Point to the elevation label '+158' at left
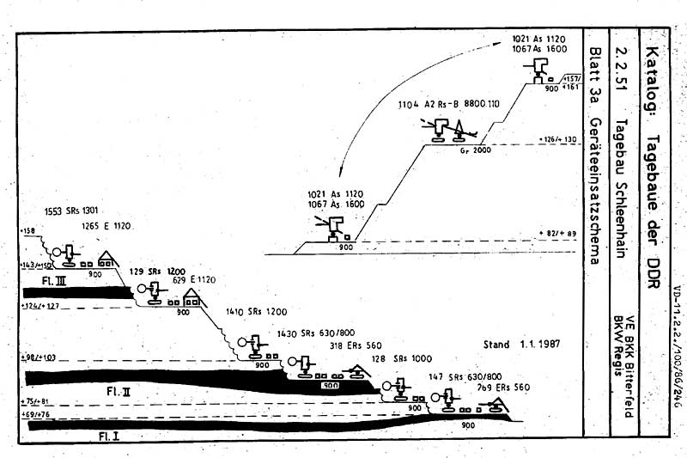point(28,232)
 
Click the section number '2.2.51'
point(620,52)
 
